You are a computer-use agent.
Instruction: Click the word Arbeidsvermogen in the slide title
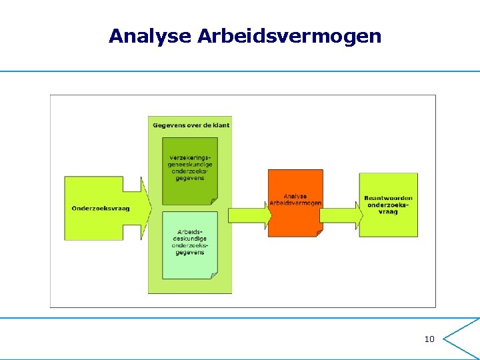pyautogui.click(x=290, y=36)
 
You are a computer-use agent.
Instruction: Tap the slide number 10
pyautogui.click(x=429, y=339)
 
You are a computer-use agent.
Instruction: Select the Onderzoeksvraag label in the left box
pyautogui.click(x=101, y=208)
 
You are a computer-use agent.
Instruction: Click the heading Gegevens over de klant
pyautogui.click(x=191, y=125)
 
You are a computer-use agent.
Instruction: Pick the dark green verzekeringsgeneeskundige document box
pyautogui.click(x=190, y=170)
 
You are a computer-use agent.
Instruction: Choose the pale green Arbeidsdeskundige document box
pyautogui.click(x=190, y=243)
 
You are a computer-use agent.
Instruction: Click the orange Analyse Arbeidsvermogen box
pyautogui.click(x=295, y=202)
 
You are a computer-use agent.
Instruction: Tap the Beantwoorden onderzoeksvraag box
pyautogui.click(x=388, y=205)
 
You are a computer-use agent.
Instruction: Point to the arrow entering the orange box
pyautogui.click(x=249, y=215)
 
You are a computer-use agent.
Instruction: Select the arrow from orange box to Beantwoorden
pyautogui.click(x=340, y=215)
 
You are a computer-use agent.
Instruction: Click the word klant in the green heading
pyautogui.click(x=220, y=125)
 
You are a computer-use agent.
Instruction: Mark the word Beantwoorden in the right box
pyautogui.click(x=388, y=198)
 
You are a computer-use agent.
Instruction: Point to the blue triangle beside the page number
pyautogui.click(x=460, y=339)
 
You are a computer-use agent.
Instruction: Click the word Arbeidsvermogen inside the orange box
pyautogui.click(x=295, y=203)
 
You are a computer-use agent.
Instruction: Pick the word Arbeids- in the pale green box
pyautogui.click(x=190, y=231)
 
